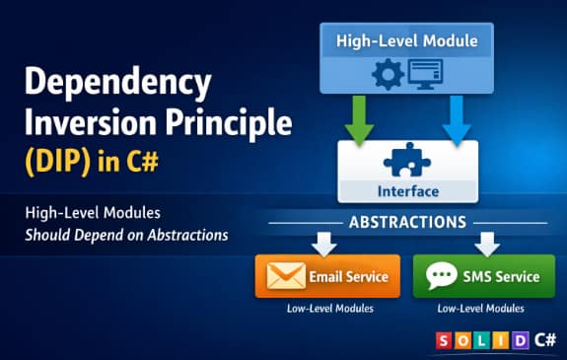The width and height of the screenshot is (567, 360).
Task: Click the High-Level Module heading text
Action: point(406,41)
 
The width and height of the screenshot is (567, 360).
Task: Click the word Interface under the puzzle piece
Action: point(407,190)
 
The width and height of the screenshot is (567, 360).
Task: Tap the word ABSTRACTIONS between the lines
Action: point(407,222)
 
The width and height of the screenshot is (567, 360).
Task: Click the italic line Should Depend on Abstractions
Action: point(127,235)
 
